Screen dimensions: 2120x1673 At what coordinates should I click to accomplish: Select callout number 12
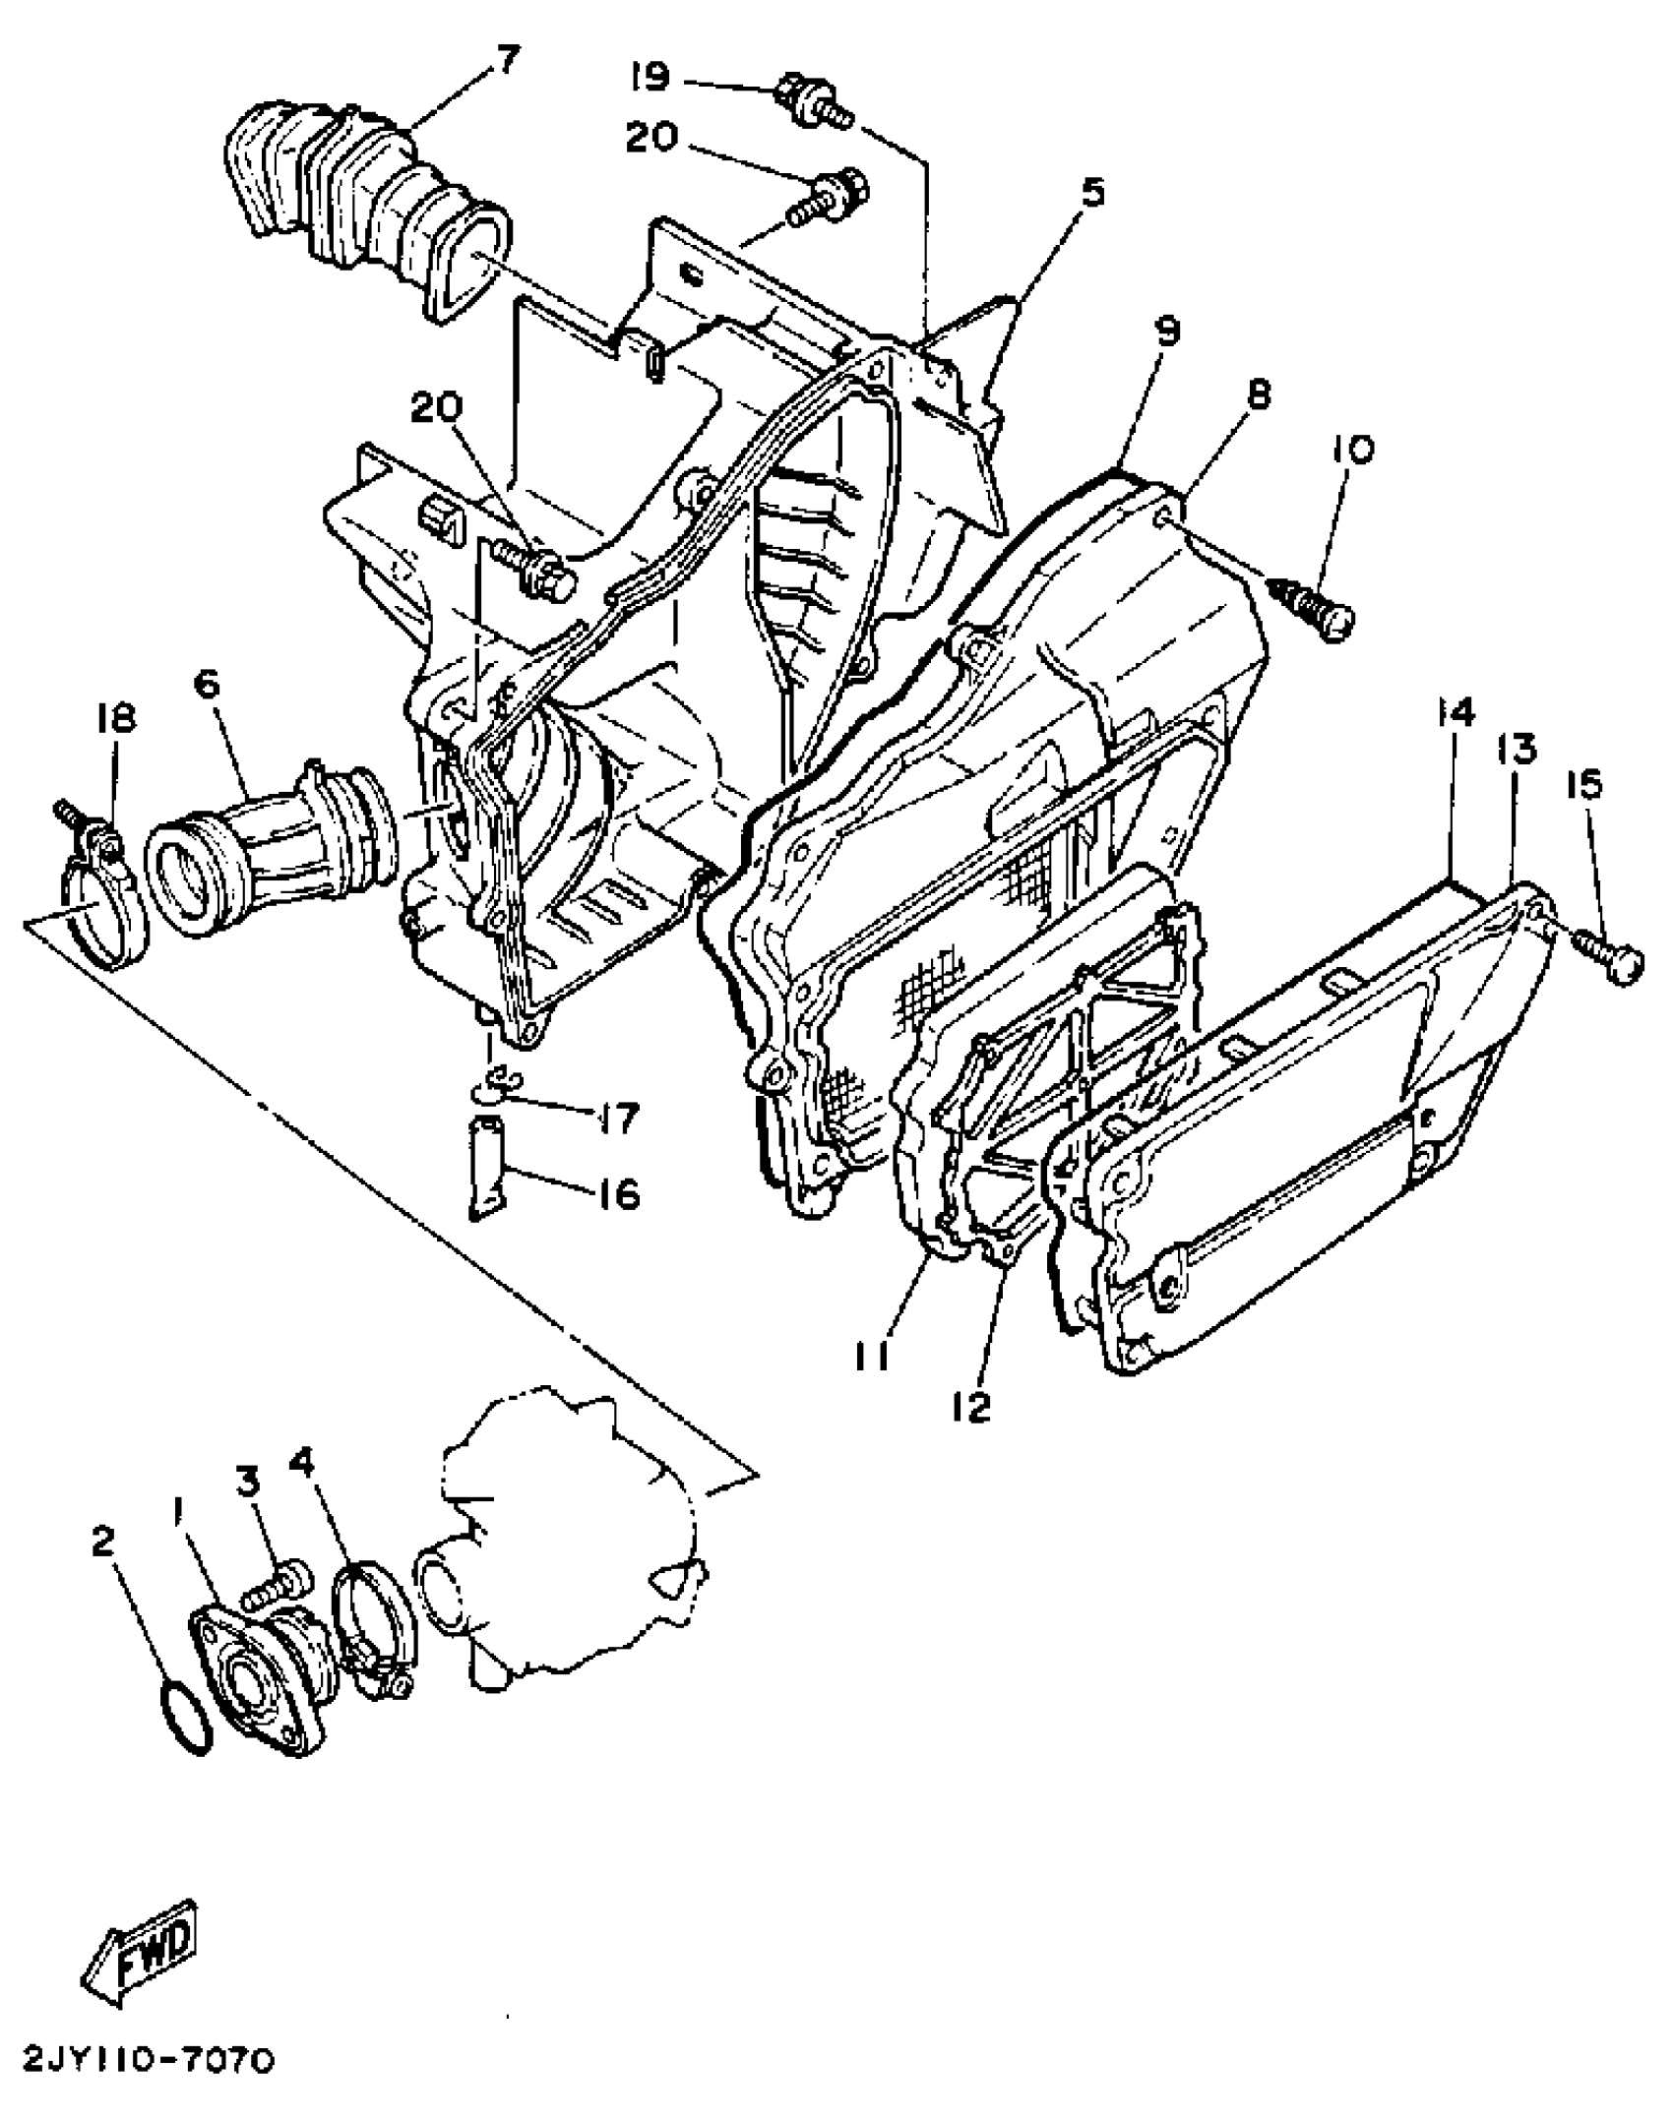(x=972, y=1408)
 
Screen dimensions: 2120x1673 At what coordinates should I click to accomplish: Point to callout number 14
(x=1456, y=711)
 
